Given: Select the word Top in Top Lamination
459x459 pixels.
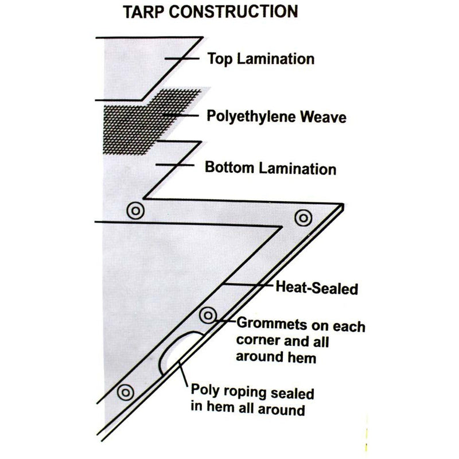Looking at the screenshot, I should pos(219,59).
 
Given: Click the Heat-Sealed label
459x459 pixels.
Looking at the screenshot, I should pos(317,287).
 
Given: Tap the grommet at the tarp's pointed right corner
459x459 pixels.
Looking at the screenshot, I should pos(302,217).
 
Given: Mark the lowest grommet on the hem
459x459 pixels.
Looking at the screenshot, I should pos(124,393).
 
